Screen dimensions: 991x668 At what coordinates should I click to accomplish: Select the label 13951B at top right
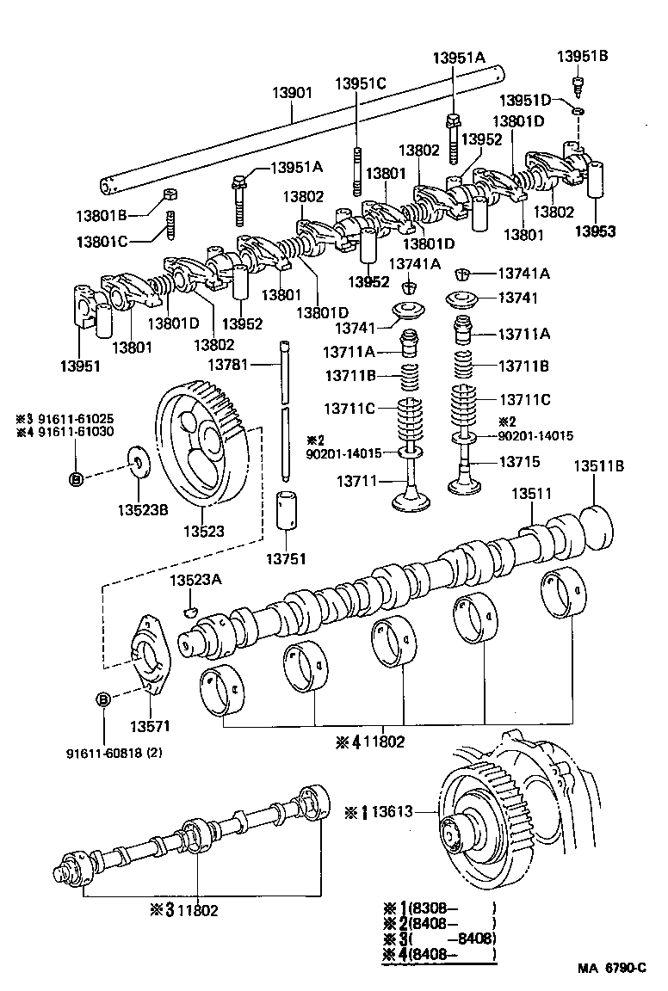point(582,56)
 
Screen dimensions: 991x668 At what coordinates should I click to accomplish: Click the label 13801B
point(102,214)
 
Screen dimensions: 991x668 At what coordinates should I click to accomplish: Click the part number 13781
point(227,365)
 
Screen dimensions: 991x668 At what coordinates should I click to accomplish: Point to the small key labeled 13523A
point(191,611)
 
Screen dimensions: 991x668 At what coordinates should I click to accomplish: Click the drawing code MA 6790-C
point(612,969)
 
